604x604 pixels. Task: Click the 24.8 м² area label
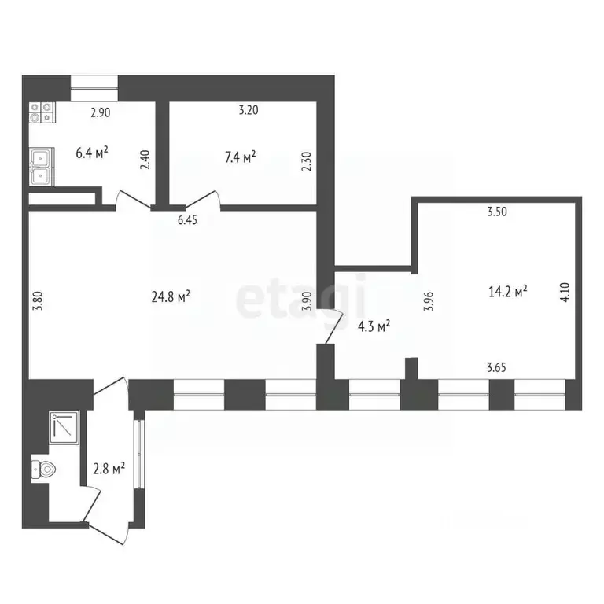coord(171,297)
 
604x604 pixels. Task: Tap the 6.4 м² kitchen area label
coord(91,153)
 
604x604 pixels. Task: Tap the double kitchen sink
coord(41,167)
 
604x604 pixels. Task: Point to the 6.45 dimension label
coord(187,221)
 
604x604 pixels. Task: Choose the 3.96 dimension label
coord(429,302)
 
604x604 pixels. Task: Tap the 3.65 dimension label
coord(497,366)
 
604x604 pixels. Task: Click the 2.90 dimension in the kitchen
coord(100,112)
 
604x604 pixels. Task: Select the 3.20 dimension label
coord(248,111)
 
